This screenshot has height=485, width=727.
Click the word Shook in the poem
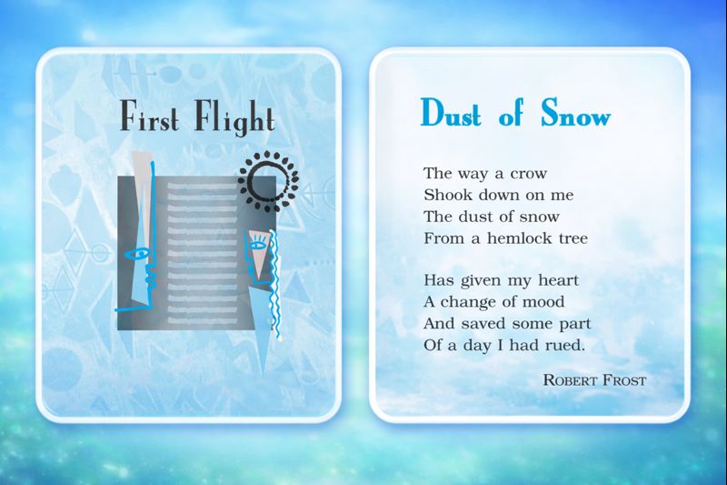(x=446, y=195)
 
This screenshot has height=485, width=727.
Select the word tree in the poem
(x=573, y=238)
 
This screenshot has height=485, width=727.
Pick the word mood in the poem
(x=542, y=302)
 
